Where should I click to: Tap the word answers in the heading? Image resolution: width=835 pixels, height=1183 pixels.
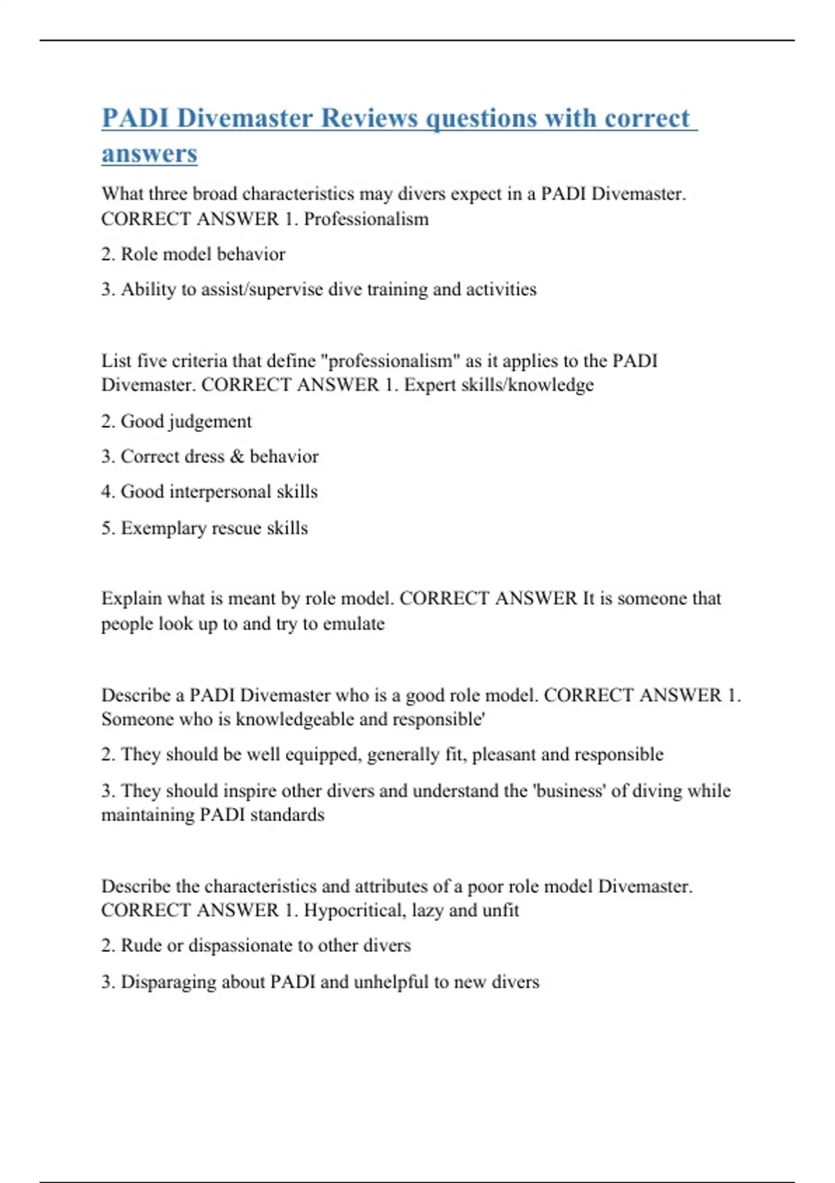point(150,154)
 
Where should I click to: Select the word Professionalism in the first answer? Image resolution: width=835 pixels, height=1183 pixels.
point(366,219)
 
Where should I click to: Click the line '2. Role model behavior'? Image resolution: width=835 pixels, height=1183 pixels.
point(193,254)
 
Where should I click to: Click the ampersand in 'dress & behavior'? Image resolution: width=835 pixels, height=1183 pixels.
point(237,456)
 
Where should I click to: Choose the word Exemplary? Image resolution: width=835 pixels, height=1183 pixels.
point(163,528)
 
